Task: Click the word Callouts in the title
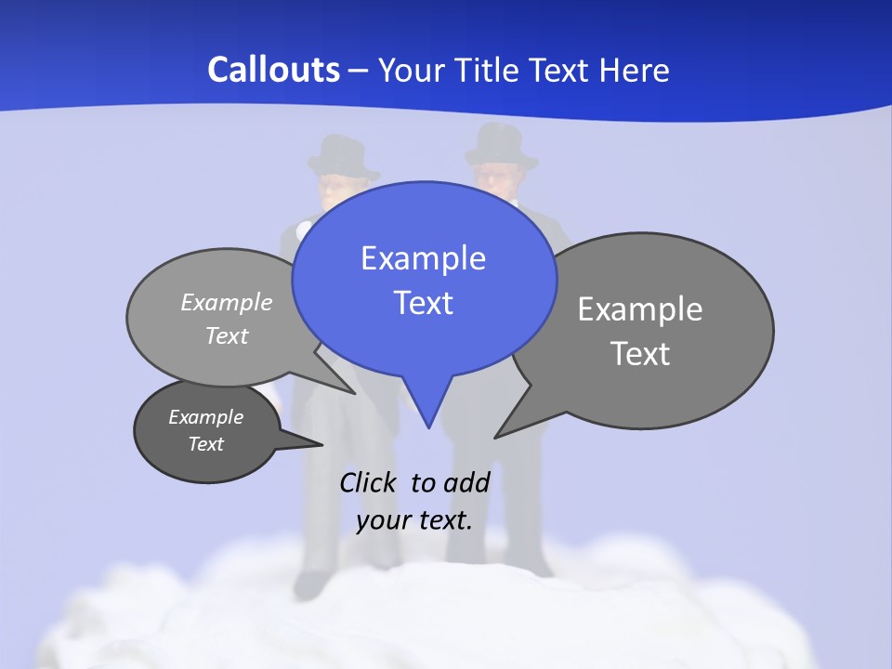point(273,70)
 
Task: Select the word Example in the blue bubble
point(423,258)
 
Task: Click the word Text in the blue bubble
point(424,303)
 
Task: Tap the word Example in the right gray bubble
point(640,308)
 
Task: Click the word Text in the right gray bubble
point(640,353)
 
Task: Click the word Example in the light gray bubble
point(227,302)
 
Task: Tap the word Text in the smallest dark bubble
point(206,444)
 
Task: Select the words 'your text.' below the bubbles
point(414,520)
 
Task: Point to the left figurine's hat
point(341,156)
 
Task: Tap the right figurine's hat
point(501,146)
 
